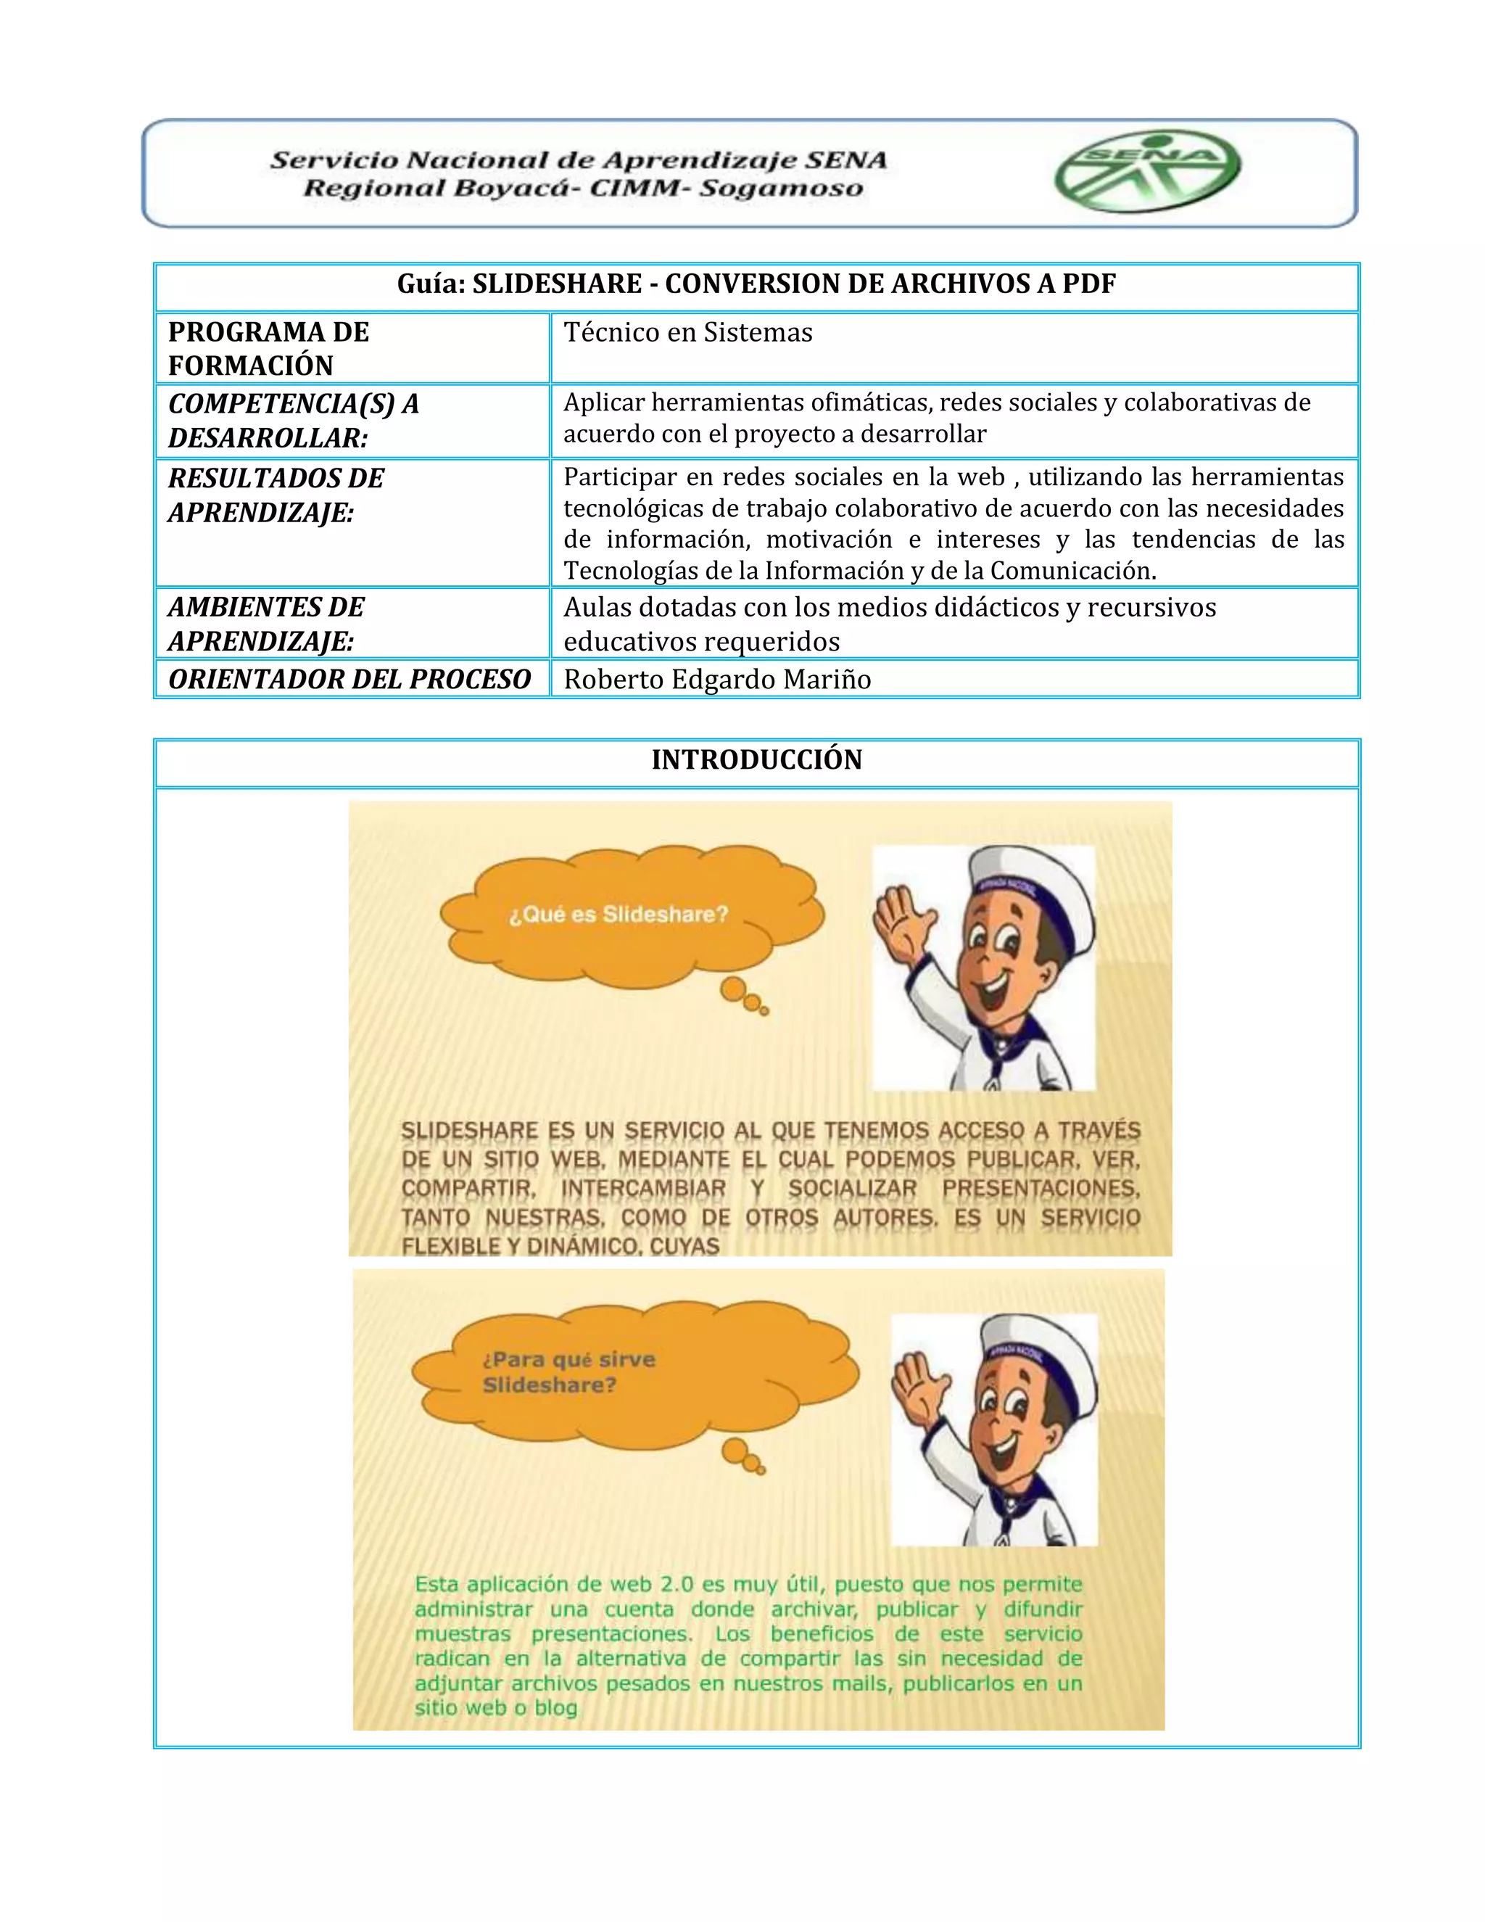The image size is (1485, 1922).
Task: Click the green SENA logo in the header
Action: pyautogui.click(x=1147, y=173)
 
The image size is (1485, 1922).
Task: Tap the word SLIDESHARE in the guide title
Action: pyautogui.click(x=557, y=284)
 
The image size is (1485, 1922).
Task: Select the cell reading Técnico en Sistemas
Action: pyautogui.click(x=688, y=333)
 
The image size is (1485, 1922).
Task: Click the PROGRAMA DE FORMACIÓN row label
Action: pyautogui.click(x=268, y=348)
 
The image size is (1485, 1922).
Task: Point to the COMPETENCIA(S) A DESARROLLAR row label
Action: pyautogui.click(x=293, y=420)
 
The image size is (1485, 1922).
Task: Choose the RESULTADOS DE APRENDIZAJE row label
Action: pyautogui.click(x=276, y=495)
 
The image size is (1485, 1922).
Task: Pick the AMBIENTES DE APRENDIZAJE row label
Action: pyautogui.click(x=265, y=623)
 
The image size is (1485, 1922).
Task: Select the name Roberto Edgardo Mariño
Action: pyautogui.click(x=717, y=680)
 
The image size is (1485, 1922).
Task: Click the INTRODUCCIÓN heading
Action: pyautogui.click(x=756, y=759)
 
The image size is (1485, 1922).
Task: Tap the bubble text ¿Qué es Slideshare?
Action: pyautogui.click(x=619, y=915)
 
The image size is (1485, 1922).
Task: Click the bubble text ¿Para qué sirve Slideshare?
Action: pyautogui.click(x=568, y=1372)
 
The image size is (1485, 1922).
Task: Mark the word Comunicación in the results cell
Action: pyautogui.click(x=1072, y=571)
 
